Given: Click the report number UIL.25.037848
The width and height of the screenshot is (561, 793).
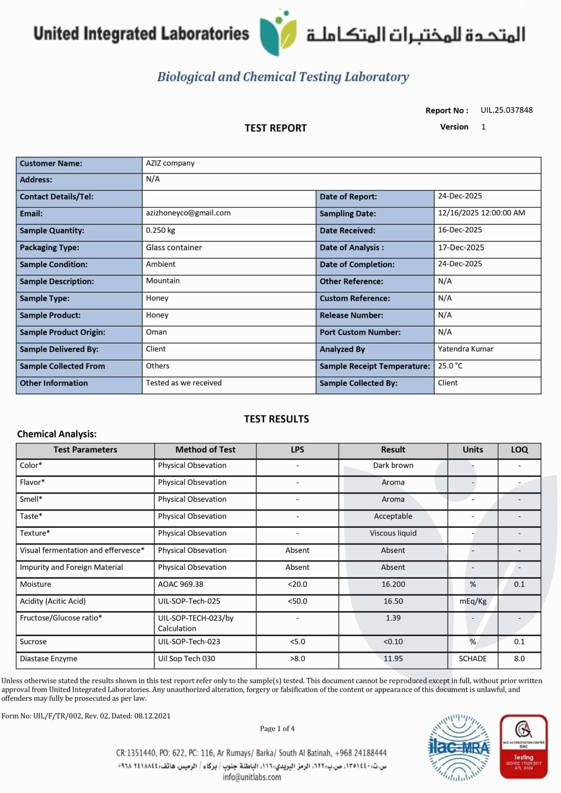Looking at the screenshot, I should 506,110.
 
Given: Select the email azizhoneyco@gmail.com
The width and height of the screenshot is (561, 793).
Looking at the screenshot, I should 188,213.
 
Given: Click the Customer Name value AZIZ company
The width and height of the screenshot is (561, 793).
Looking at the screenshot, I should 170,163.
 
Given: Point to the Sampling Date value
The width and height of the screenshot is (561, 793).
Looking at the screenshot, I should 481,213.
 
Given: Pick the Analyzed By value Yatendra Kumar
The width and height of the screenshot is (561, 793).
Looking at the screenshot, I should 466,349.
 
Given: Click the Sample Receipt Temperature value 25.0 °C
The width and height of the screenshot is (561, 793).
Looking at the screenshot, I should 450,365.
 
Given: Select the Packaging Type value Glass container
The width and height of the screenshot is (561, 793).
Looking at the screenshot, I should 174,247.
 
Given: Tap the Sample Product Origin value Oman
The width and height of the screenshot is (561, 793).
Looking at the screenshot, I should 156,332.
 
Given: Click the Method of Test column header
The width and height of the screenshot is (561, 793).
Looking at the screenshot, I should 205,450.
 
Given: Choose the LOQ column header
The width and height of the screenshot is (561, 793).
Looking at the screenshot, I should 519,450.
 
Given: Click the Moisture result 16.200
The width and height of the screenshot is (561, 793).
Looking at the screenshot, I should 393,584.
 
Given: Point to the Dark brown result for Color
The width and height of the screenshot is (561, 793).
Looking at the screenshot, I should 393,465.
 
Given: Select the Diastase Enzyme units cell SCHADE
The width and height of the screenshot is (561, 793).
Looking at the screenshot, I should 473,658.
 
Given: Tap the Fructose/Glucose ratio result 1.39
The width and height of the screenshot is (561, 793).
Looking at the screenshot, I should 393,618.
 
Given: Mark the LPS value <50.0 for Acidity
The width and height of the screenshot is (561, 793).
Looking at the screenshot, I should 297,601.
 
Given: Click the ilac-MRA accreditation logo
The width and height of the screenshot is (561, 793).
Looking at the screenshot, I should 459,747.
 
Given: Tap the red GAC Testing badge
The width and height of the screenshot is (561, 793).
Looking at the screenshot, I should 524,746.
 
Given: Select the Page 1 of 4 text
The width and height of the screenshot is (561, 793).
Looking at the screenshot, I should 277,728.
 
